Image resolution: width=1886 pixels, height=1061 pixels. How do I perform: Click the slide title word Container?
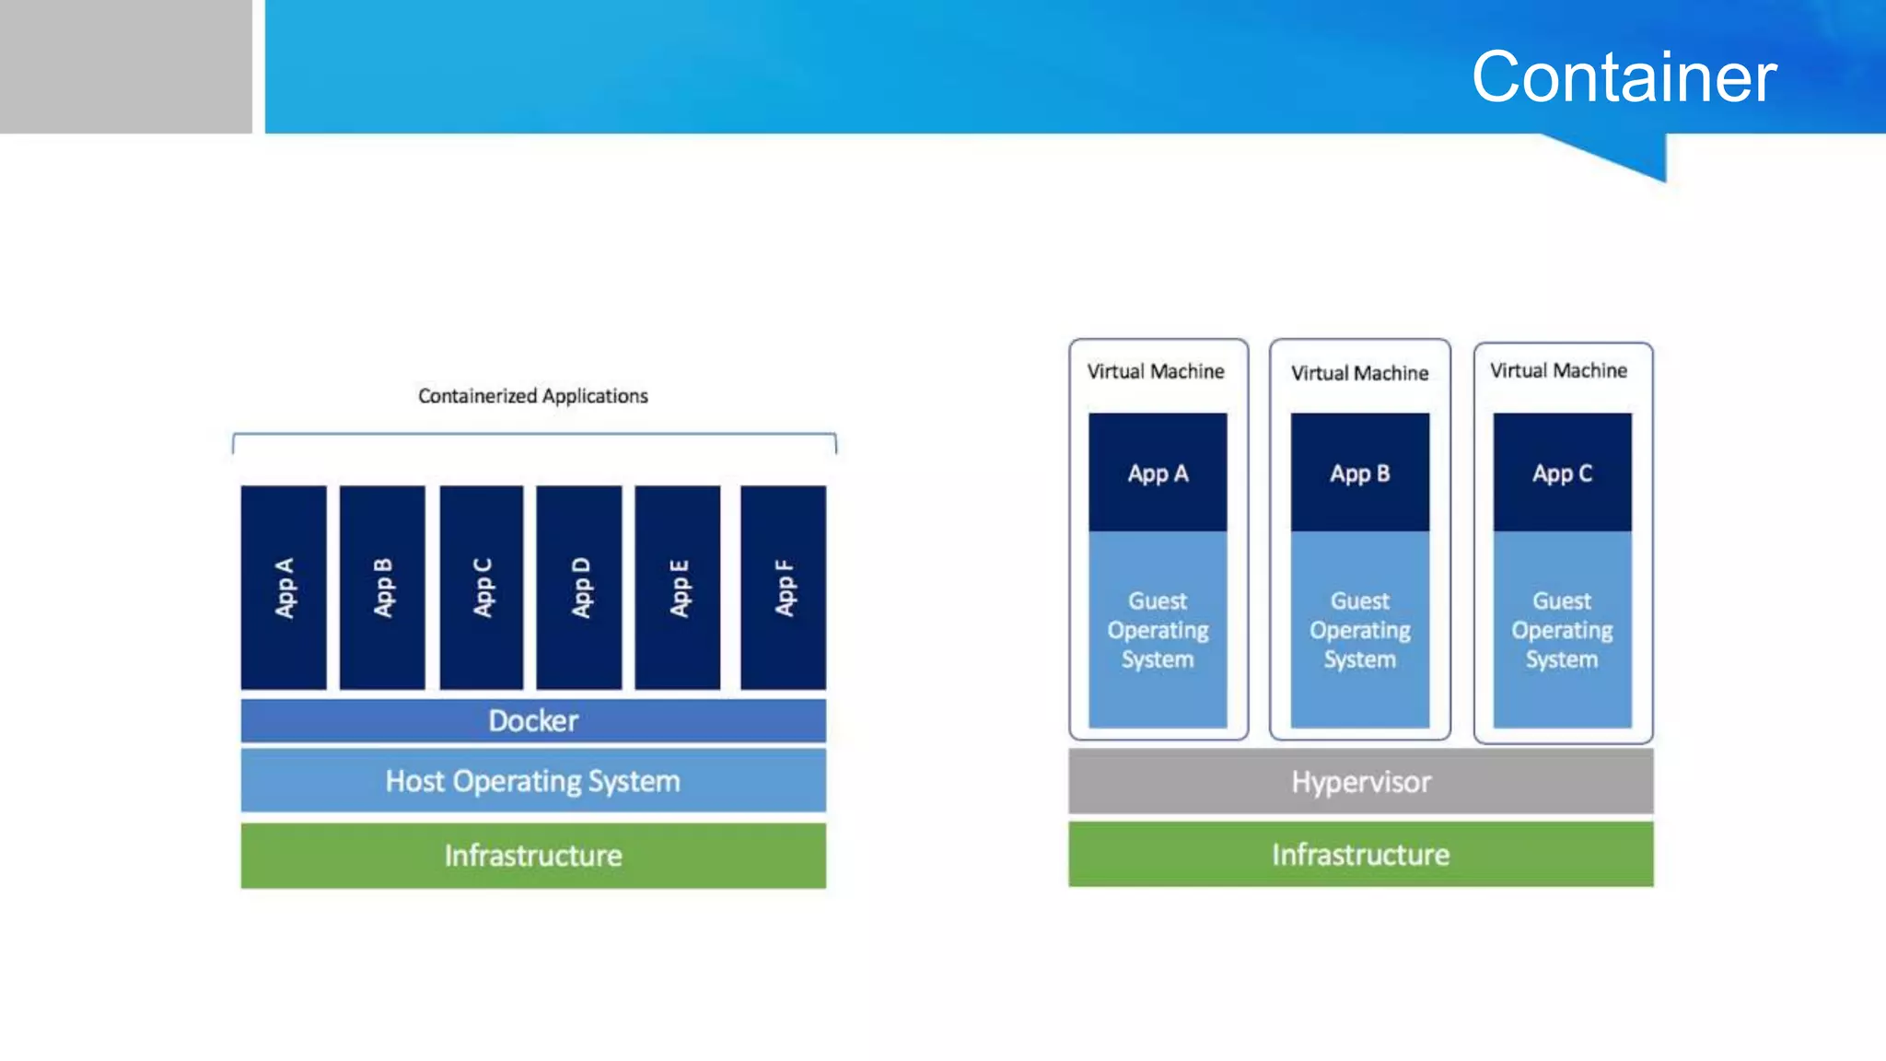pos(1624,76)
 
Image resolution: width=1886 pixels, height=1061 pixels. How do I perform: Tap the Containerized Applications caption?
pos(532,396)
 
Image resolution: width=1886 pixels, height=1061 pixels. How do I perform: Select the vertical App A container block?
pos(284,588)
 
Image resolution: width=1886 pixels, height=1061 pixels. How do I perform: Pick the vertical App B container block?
pos(382,588)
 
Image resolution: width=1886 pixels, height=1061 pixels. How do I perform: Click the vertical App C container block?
pos(482,588)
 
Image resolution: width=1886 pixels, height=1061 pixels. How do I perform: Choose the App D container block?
pos(579,588)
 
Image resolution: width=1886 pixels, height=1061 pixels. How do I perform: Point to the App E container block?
pos(678,588)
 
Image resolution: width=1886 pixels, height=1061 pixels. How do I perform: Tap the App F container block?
pos(783,588)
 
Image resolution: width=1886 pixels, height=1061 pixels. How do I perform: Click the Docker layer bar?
pos(533,720)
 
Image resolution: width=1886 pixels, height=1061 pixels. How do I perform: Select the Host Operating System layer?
pos(533,781)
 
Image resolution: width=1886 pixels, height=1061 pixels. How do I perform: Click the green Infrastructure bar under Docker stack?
pos(533,856)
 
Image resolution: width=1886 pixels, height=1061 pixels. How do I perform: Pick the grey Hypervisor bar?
pos(1360,782)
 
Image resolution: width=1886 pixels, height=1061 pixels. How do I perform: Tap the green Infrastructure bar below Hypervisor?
pos(1360,855)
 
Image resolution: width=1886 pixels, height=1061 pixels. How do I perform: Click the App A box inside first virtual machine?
pos(1158,472)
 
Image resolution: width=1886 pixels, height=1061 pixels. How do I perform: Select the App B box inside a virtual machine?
pos(1359,472)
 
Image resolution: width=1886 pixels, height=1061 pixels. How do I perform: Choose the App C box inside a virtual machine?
pos(1562,472)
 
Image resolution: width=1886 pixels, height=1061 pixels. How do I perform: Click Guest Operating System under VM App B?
pos(1359,630)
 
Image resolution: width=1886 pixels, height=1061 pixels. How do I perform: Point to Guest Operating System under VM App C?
pos(1562,630)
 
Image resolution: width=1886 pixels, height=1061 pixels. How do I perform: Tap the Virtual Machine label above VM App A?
pos(1156,371)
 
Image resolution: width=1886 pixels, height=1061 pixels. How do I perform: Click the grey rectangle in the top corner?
pos(125,66)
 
